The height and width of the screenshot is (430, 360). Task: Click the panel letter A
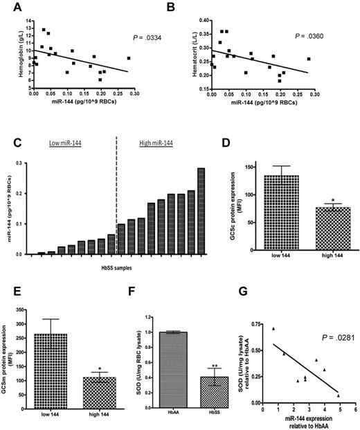click(12, 6)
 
